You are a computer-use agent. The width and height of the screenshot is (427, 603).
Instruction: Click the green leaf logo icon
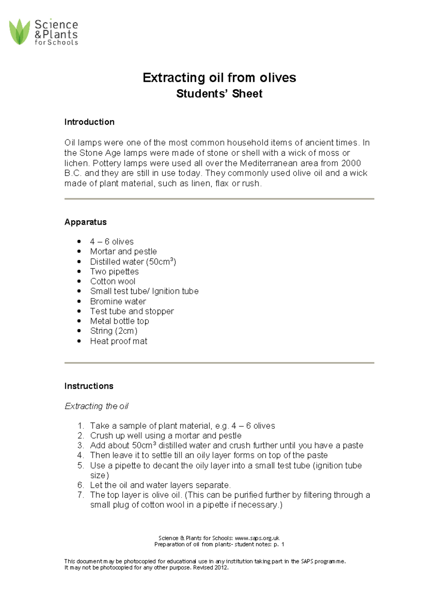(19, 32)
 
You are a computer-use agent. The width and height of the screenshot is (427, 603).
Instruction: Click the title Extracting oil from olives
(219, 78)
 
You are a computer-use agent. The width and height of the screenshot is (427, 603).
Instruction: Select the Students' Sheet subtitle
(219, 94)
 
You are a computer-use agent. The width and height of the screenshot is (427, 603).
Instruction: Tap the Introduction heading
(89, 122)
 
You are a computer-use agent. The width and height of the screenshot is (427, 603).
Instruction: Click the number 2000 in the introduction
(351, 163)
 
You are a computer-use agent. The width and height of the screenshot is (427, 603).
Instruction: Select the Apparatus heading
(85, 222)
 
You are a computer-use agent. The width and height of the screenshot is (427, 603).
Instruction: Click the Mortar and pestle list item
(123, 251)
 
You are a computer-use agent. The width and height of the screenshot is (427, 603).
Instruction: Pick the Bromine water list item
(118, 301)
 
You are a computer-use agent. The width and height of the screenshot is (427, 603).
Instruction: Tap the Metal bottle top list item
(119, 321)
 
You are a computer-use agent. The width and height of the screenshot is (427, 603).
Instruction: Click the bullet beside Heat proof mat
(79, 341)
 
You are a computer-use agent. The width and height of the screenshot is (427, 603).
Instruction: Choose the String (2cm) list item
(114, 331)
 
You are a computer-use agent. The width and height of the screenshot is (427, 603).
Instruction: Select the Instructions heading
(89, 386)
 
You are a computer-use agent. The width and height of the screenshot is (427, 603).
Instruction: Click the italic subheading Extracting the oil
(96, 406)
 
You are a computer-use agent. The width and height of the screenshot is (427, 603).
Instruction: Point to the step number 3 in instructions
(80, 445)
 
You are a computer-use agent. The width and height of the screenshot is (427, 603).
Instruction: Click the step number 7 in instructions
(80, 495)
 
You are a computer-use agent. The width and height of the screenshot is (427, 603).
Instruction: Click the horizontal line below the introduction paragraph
(219, 199)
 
